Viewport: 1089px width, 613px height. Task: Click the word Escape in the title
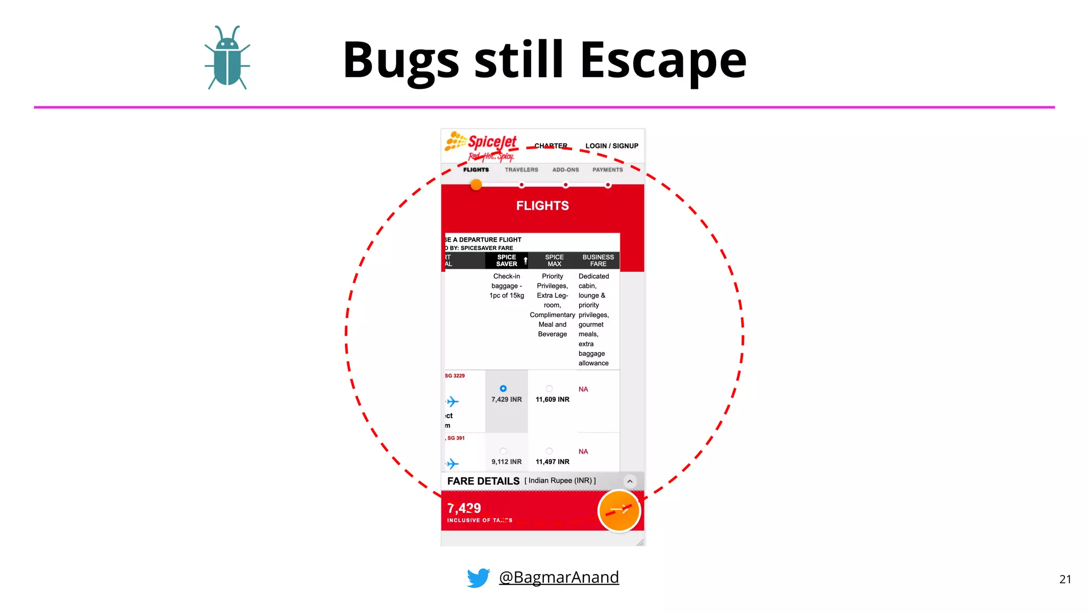(663, 60)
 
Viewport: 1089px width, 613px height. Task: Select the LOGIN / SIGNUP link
(611, 146)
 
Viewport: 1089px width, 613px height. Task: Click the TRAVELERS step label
(521, 170)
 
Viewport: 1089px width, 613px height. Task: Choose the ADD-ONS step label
(565, 170)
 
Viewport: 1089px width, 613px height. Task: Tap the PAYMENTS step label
(607, 170)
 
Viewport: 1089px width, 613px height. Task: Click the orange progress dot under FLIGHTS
(476, 185)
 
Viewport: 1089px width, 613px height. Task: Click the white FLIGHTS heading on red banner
(542, 206)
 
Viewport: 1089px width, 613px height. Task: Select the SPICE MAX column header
(554, 260)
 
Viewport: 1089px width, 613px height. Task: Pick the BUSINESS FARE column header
(598, 260)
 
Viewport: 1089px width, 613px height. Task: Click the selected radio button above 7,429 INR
(503, 388)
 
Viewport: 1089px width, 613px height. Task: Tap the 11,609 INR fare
(552, 400)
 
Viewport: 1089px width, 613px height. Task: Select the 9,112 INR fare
(506, 462)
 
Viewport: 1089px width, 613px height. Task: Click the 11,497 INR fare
(552, 462)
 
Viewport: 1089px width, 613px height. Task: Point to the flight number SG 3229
(455, 376)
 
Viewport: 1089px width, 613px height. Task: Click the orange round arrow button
(619, 510)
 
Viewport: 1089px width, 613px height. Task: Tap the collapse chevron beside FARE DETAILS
(630, 481)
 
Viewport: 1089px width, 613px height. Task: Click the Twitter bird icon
(478, 578)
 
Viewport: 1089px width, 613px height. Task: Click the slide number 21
(1065, 579)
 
